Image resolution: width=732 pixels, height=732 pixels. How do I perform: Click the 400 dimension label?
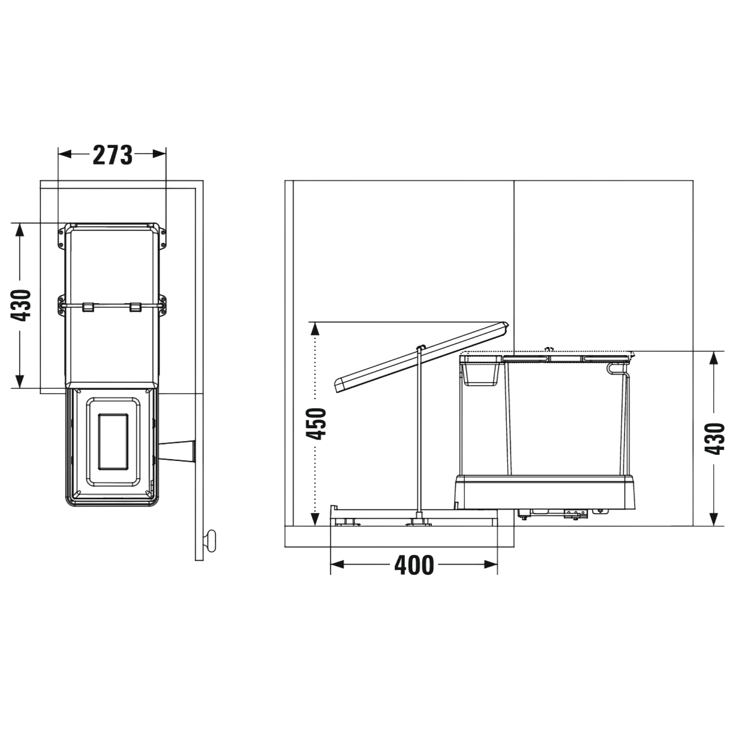coord(414,566)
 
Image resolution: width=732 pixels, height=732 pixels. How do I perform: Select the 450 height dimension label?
coord(316,423)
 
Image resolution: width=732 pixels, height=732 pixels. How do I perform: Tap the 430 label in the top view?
coord(20,306)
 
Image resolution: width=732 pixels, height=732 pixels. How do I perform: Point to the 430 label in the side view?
coord(714,439)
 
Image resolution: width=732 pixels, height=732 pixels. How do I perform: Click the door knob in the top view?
coord(211,541)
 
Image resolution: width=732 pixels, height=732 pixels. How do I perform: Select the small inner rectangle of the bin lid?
coord(113,442)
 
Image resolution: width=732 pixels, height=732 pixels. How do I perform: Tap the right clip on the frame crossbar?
coord(136,307)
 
